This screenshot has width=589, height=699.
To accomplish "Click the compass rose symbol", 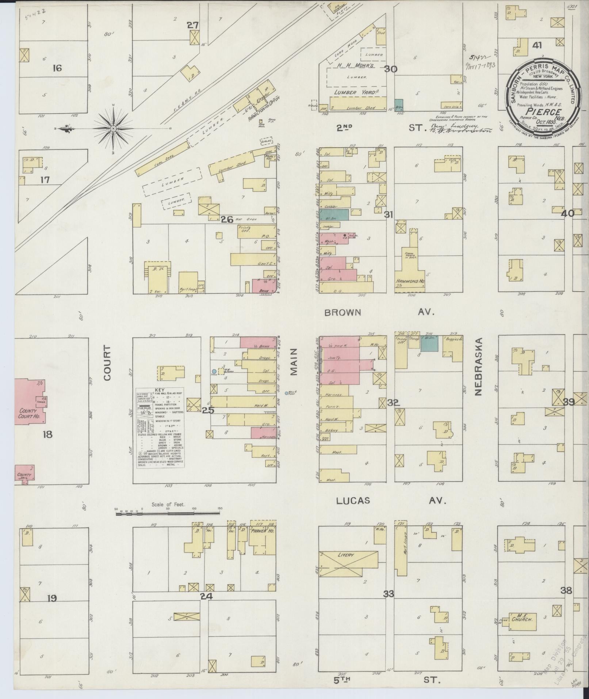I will click(x=113, y=129).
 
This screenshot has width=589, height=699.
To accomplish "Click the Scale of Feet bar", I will click(x=168, y=513).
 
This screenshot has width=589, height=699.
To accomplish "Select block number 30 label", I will click(x=390, y=69).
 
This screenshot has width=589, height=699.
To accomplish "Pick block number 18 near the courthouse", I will click(x=47, y=434).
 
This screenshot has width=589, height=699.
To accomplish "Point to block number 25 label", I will click(x=208, y=410).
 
